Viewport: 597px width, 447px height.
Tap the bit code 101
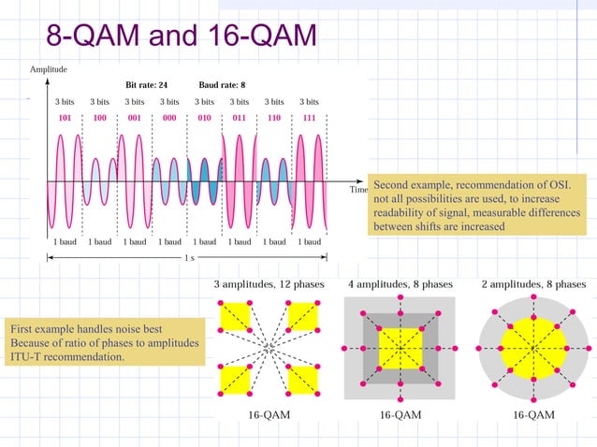point(65,119)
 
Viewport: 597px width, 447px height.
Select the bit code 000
point(169,119)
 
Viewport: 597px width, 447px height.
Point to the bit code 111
point(309,119)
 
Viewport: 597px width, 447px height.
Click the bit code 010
point(204,119)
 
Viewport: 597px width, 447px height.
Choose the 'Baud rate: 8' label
point(222,84)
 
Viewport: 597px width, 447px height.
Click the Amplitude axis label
point(48,69)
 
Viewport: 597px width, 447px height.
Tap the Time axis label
point(358,189)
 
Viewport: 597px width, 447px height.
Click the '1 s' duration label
point(190,256)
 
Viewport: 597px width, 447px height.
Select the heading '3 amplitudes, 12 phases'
point(269,283)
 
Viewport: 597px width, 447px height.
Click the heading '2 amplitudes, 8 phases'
point(533,283)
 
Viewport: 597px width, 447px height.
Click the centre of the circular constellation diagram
point(532,348)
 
